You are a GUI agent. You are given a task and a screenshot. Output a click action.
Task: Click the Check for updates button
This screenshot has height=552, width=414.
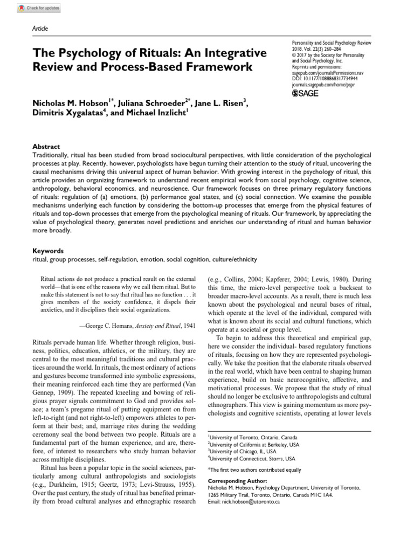[39, 8]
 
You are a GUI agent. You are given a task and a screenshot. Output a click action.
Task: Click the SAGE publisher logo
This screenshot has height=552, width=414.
[305, 93]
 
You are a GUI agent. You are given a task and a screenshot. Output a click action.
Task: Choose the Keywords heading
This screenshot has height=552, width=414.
[48, 251]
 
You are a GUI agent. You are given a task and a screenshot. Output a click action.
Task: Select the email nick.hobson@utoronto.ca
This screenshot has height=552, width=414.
[244, 501]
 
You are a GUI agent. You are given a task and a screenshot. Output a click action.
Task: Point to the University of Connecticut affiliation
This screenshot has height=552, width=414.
[252, 459]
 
